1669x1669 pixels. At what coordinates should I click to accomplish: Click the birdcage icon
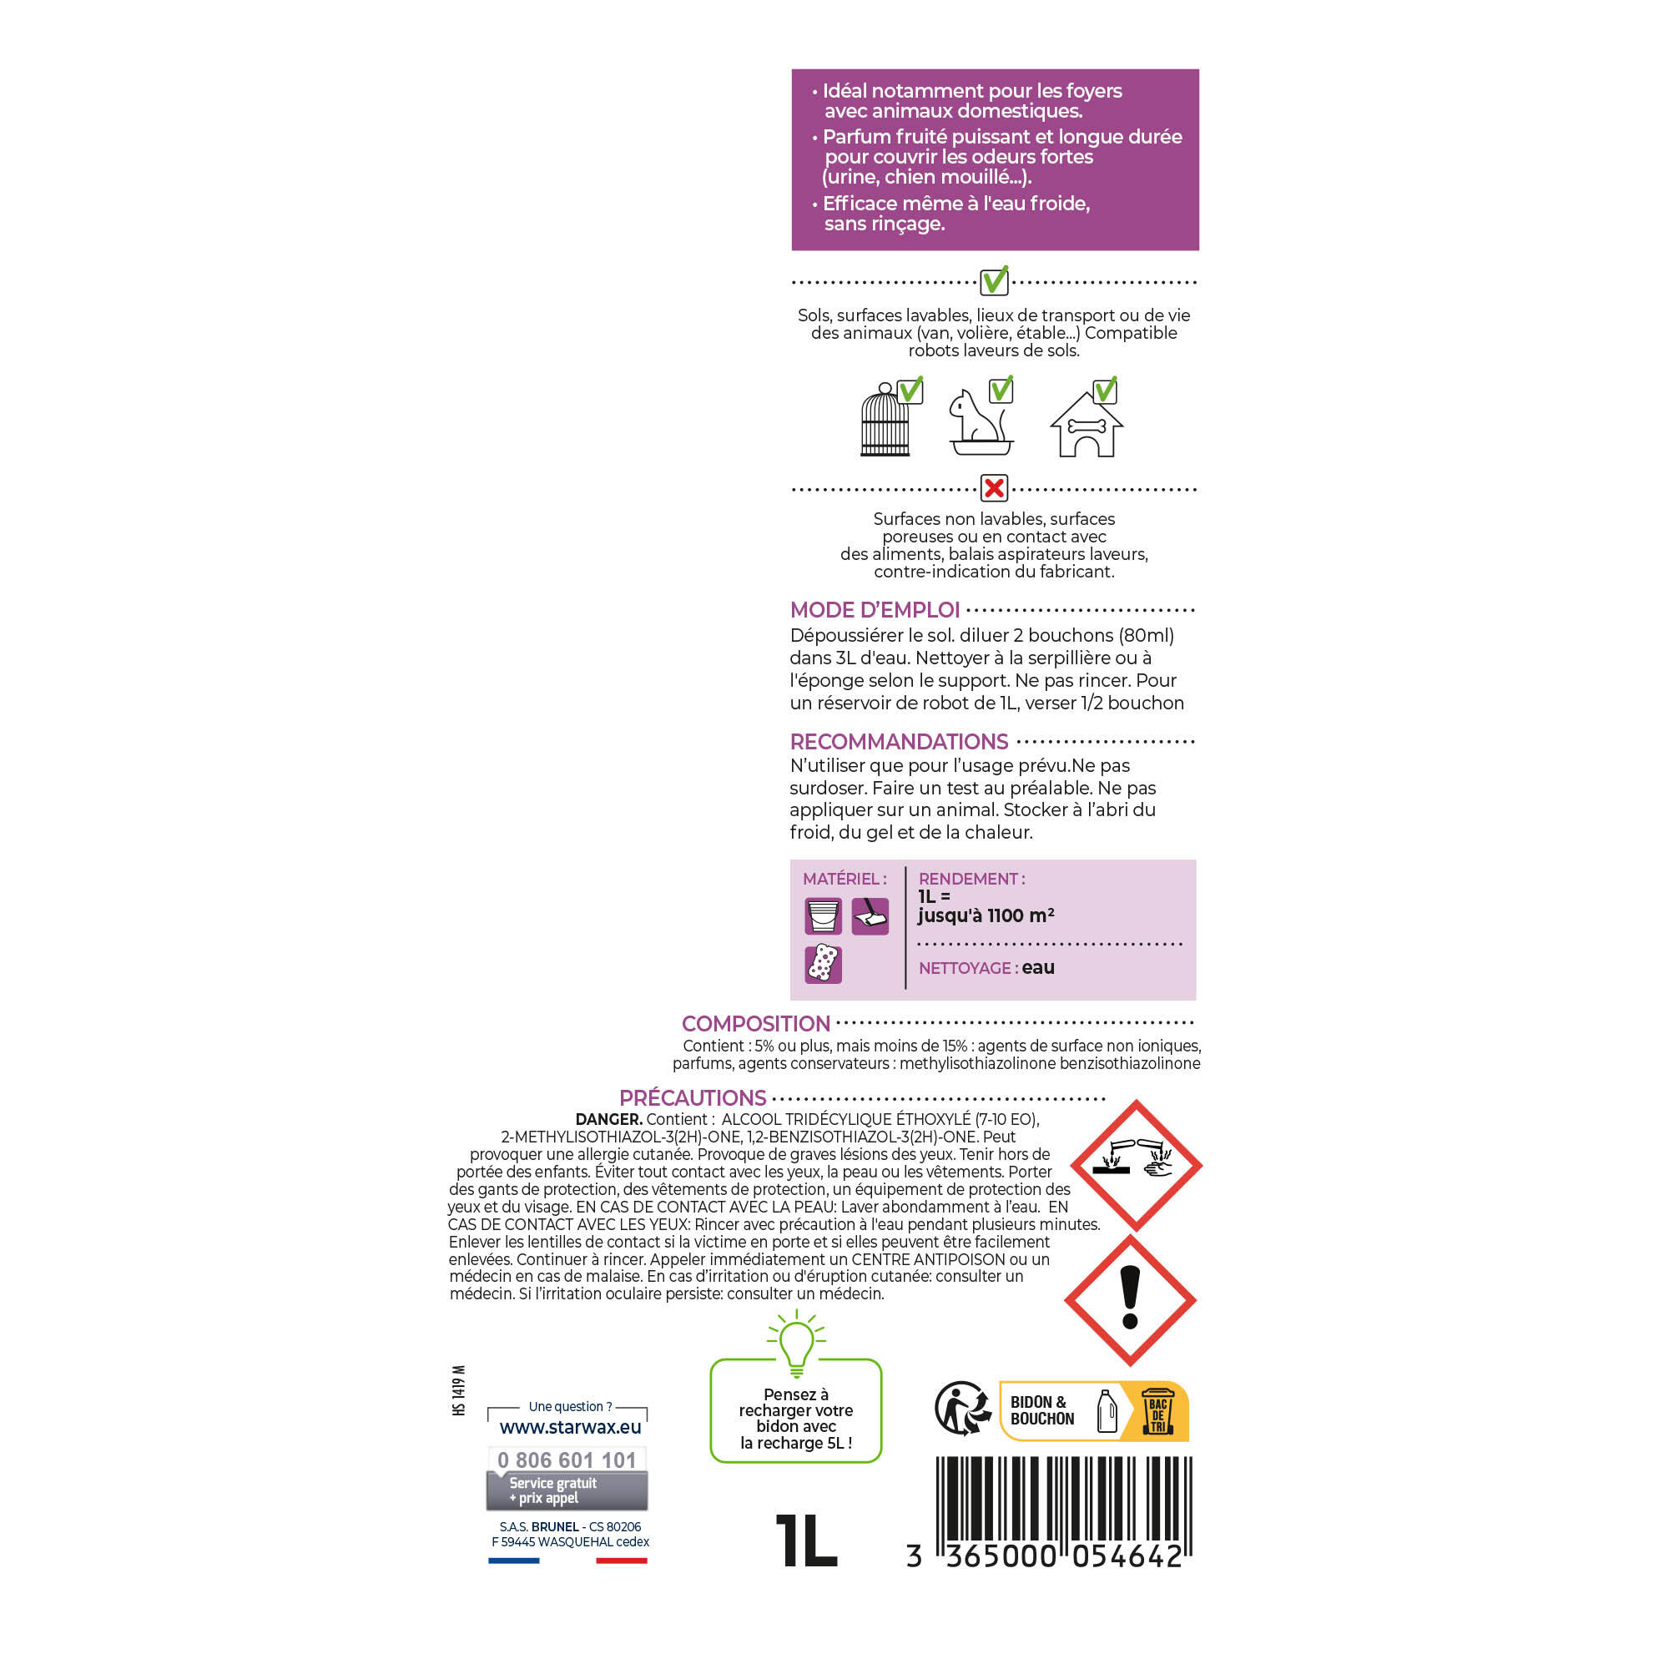pos(885,420)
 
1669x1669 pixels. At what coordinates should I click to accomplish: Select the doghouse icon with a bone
pos(1086,424)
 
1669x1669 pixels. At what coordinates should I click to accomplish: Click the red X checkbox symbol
pos(995,488)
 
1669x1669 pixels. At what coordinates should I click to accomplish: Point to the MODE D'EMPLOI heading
pos(875,610)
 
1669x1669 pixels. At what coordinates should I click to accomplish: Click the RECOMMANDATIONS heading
pos(900,741)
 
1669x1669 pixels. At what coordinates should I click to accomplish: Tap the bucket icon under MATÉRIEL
pos(824,915)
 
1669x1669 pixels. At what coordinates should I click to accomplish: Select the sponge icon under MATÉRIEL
pos(824,964)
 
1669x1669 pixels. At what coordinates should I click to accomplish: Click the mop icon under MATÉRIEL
pos(870,915)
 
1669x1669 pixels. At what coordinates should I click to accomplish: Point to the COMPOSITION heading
pos(756,1024)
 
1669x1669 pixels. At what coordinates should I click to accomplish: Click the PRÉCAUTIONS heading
pos(693,1098)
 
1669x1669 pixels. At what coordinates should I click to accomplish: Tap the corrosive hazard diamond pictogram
pos(1137,1165)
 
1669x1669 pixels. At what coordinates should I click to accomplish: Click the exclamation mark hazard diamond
pos(1130,1300)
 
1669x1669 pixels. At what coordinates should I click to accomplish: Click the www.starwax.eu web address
pos(570,1427)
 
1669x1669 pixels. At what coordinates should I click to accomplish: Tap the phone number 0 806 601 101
pos(567,1460)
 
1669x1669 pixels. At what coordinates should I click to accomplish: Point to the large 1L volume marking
pos(807,1541)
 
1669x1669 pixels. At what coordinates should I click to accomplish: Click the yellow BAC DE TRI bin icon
pos(1157,1412)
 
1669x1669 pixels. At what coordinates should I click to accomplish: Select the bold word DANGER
pos(609,1120)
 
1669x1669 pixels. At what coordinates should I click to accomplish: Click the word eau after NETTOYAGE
pos(1038,967)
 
